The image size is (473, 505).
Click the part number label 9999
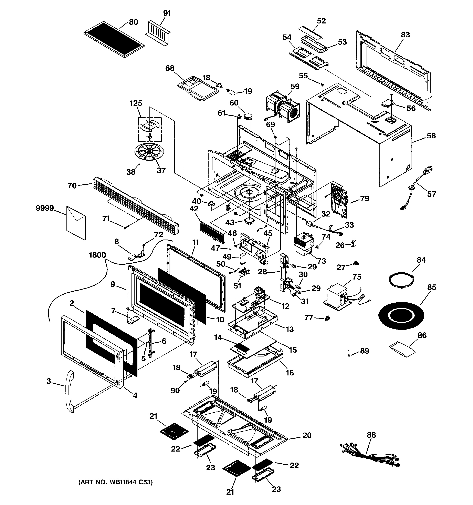tap(45, 208)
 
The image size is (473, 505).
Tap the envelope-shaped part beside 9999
tap(76, 223)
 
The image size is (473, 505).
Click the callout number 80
tap(133, 22)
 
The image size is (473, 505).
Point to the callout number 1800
tap(97, 255)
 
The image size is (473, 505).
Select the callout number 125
tap(136, 103)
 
